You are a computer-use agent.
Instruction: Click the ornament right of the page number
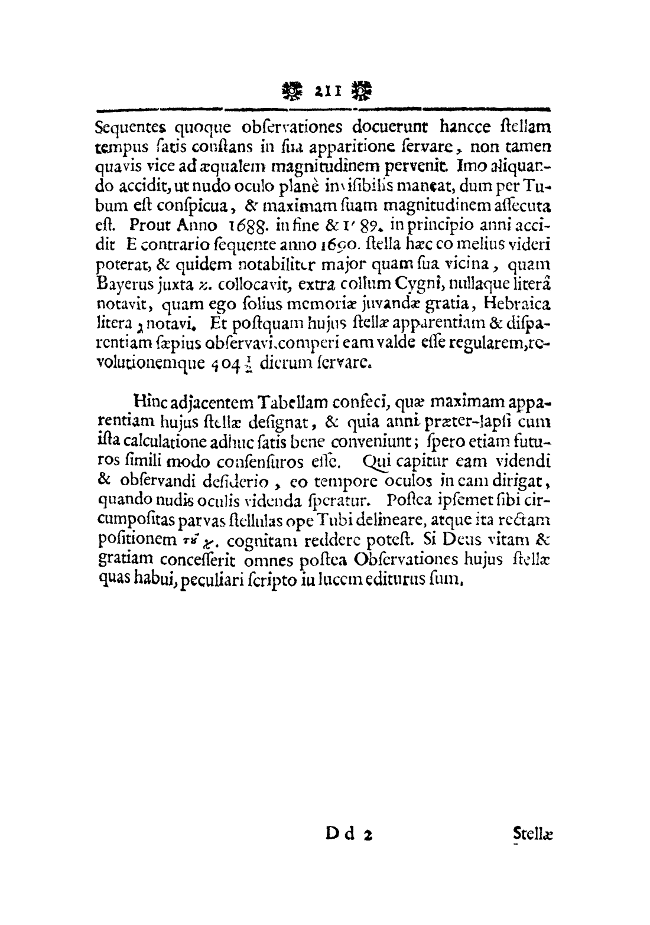359,91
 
